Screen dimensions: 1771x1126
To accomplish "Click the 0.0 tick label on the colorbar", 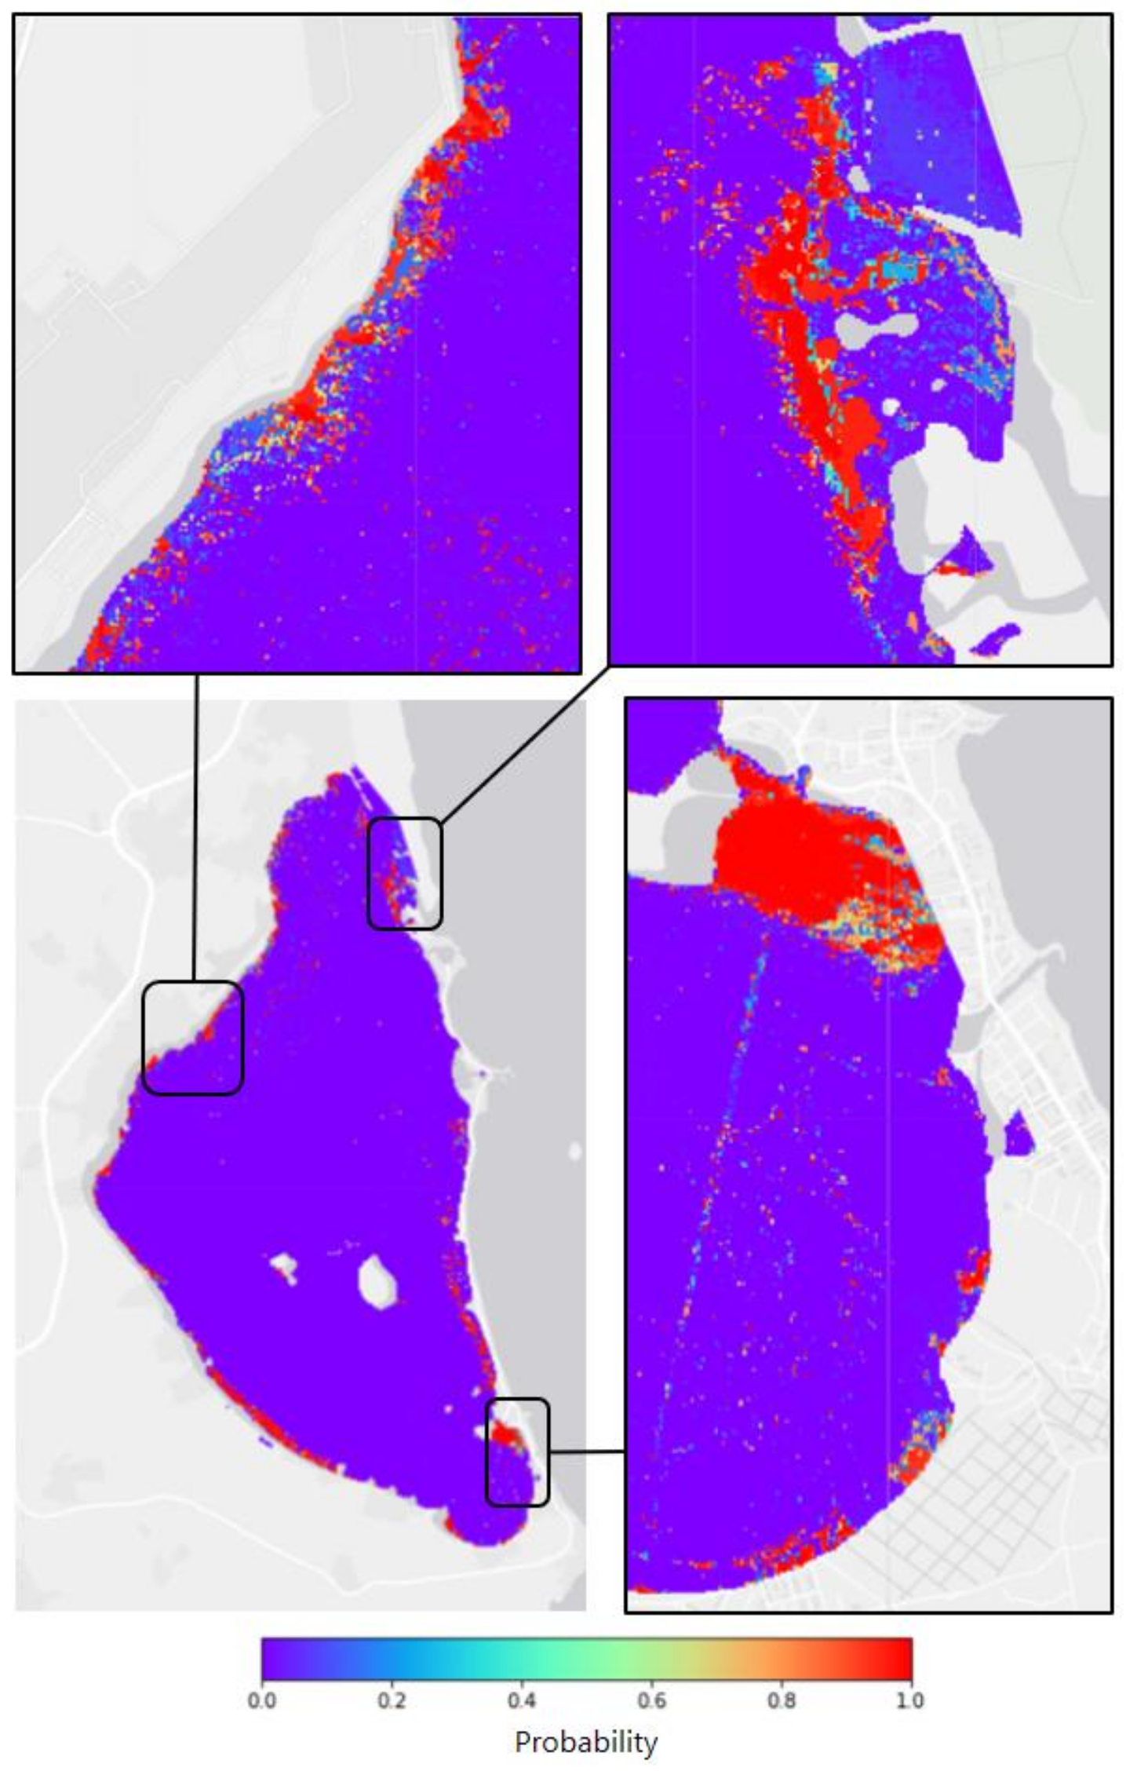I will [261, 1700].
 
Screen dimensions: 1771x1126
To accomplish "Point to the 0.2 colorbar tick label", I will [392, 1700].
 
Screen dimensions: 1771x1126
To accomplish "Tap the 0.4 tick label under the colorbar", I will [522, 1700].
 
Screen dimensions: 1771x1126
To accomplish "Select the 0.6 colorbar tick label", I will [651, 1700].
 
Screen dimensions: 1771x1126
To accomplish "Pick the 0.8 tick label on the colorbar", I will [782, 1700].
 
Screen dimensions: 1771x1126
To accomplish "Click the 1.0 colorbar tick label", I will [909, 1700].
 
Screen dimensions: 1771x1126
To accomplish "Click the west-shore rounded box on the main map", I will [193, 1037].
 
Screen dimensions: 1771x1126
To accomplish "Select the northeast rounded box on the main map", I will [405, 873].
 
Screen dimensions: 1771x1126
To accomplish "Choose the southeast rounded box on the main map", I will [517, 1451].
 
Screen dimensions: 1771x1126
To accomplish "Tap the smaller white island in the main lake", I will [283, 1265].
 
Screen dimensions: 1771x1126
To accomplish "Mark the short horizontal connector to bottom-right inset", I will [587, 1451].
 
